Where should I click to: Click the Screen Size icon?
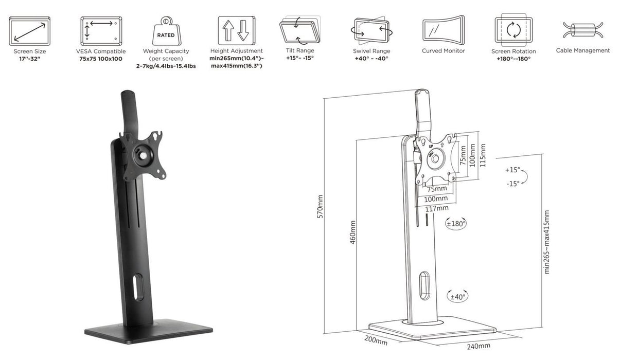[29, 30]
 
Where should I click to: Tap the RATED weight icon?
[166, 31]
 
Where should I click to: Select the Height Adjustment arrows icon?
[236, 30]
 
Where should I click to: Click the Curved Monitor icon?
[443, 30]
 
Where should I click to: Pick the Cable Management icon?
[582, 30]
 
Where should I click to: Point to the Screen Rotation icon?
[513, 30]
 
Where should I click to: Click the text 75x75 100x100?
[100, 59]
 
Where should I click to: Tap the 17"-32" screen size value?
[29, 59]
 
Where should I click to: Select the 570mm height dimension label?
[320, 207]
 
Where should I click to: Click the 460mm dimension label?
[353, 232]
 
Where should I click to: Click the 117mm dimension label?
[437, 208]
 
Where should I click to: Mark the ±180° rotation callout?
[456, 224]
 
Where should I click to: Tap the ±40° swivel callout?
[457, 296]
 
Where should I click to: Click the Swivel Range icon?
[371, 30]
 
